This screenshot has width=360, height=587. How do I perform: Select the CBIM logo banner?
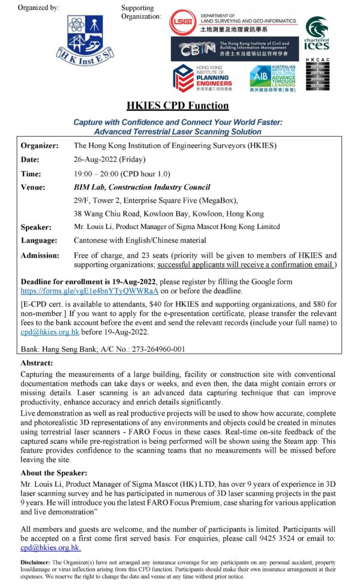[x=234, y=49]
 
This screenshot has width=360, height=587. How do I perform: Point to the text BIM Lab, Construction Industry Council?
[x=142, y=187]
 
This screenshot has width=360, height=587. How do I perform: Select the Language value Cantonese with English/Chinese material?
[x=140, y=240]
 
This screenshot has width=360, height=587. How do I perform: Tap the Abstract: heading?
[x=37, y=363]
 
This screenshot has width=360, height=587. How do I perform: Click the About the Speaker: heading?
[x=53, y=473]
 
